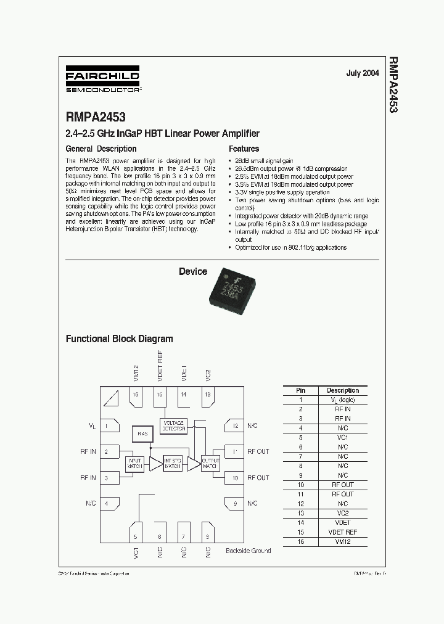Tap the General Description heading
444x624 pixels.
tap(101, 149)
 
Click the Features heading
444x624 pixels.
tap(244, 149)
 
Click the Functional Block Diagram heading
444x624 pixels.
tap(120, 339)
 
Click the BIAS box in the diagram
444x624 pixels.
tap(142, 434)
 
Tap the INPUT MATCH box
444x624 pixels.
tap(135, 464)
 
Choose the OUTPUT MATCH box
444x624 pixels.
tap(211, 464)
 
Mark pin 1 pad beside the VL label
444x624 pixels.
tap(110, 425)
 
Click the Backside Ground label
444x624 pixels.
tap(248, 550)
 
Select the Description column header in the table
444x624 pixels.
tap(342, 390)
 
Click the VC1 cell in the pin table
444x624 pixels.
tap(342, 437)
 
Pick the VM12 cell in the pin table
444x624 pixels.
tap(342, 541)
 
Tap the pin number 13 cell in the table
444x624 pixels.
tap(300, 513)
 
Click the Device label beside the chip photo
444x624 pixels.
tap(193, 272)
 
